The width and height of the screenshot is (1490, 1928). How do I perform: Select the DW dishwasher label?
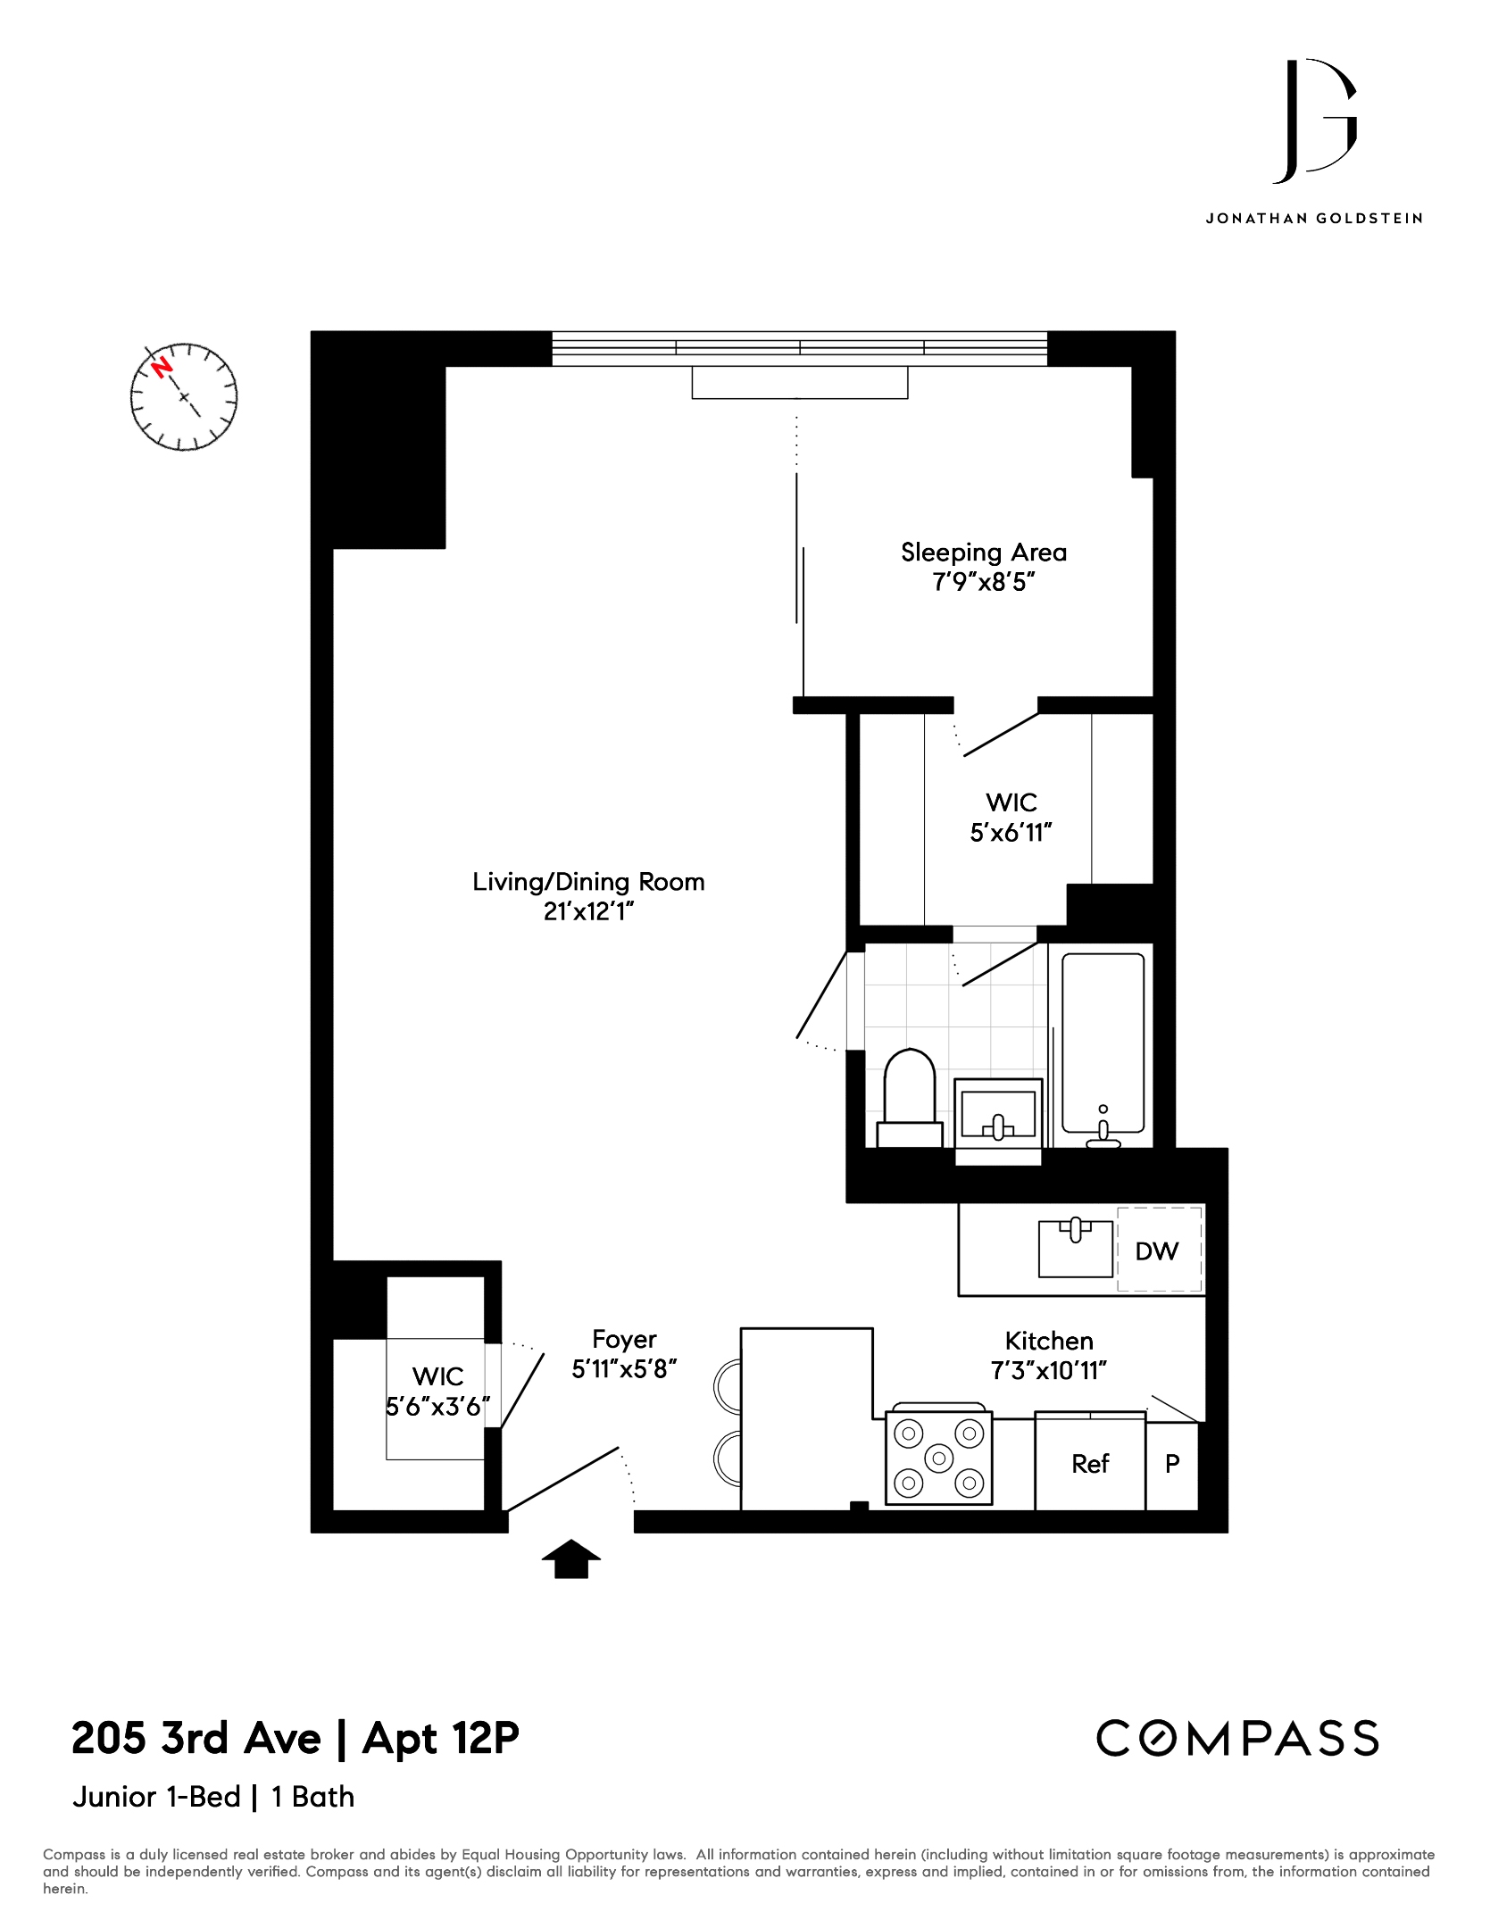pos(1156,1251)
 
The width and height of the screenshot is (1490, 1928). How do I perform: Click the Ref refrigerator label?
pos(1090,1463)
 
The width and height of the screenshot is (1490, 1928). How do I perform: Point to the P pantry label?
pos(1172,1463)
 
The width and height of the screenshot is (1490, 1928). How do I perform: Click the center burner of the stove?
pos(938,1458)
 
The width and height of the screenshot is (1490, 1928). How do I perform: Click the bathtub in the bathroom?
pos(1103,1048)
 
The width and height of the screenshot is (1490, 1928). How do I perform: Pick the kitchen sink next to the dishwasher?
pos(1076,1248)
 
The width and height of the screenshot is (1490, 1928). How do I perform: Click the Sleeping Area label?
pos(984,553)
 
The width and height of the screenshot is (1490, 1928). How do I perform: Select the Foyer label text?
pos(624,1339)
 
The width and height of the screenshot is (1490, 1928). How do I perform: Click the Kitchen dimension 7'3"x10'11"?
pos(1049,1370)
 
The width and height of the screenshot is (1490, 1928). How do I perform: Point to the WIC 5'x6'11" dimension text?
pos(1011,832)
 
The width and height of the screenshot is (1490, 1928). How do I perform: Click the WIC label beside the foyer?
pos(437,1375)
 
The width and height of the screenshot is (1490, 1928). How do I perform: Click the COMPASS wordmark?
pos(1237,1738)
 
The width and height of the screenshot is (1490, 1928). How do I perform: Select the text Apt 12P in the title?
pos(441,1739)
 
